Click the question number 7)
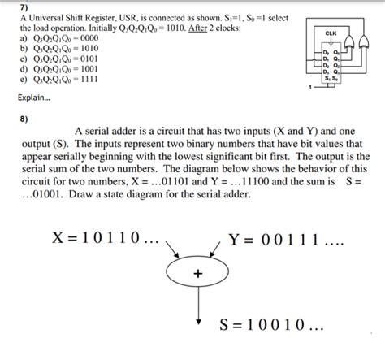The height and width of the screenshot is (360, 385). point(23,7)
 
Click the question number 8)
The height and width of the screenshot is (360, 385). point(23,116)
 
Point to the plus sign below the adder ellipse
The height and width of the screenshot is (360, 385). point(197,274)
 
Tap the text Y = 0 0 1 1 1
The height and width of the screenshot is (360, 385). point(284,240)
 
